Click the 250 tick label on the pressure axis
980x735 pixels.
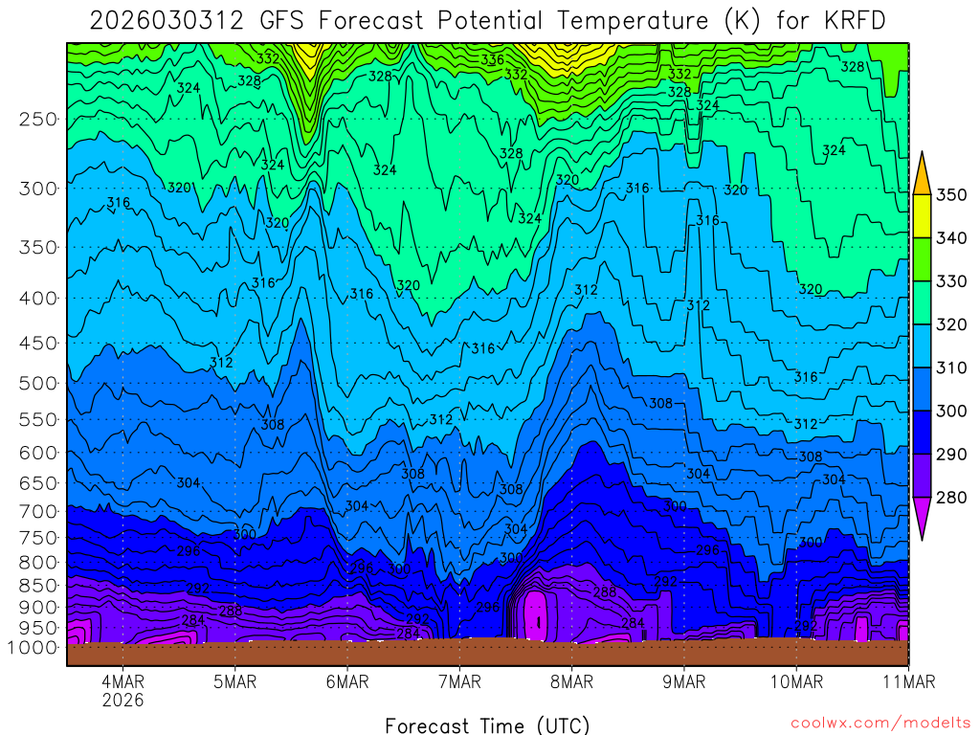(x=39, y=120)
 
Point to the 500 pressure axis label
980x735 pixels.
(x=39, y=384)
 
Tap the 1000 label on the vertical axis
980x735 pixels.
(x=34, y=648)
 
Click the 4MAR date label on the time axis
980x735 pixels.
(x=122, y=682)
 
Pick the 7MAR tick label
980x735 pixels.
(x=459, y=682)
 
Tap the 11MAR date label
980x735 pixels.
(x=907, y=682)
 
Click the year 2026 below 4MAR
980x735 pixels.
(x=122, y=700)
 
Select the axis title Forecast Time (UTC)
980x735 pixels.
(x=488, y=724)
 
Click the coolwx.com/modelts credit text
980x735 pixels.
(x=880, y=724)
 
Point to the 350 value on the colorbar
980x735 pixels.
(x=951, y=195)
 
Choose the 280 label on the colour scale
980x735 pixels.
(x=951, y=498)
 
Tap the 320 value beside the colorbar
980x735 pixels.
(x=951, y=324)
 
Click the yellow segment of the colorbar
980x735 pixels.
(x=923, y=216)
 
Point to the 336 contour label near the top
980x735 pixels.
(x=493, y=59)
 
